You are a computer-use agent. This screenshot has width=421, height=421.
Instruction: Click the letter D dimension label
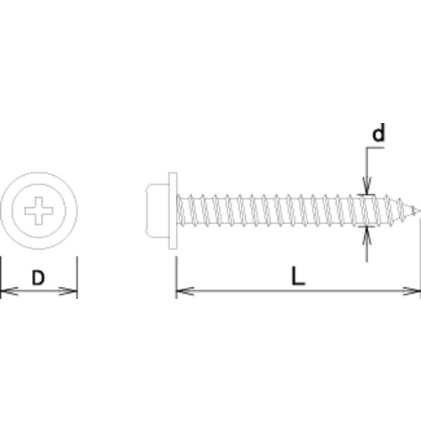38,277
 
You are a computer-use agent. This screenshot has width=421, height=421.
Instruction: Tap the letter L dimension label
298,276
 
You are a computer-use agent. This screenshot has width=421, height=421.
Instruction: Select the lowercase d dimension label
378,132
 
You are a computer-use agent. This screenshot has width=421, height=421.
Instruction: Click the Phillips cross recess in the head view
39,210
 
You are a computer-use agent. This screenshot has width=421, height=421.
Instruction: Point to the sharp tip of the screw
420,210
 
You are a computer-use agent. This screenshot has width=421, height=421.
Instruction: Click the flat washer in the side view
173,210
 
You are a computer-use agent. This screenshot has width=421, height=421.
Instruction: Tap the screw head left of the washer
157,210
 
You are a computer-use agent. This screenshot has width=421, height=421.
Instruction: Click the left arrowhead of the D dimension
9,291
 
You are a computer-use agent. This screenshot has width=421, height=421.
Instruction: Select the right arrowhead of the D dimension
68,291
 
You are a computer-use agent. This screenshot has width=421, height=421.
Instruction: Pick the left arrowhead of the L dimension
185,291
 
